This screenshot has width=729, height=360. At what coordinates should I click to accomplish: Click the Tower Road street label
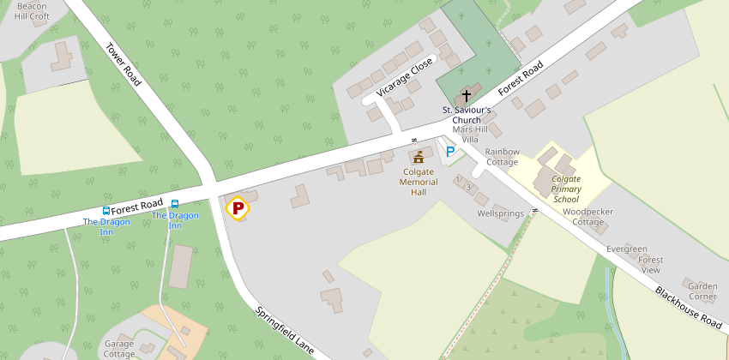124,64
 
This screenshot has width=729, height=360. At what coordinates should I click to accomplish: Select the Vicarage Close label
399,79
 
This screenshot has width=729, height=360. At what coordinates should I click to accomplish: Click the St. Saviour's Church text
467,115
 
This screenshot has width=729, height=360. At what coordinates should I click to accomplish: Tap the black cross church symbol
467,96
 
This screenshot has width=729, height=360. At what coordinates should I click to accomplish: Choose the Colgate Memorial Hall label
419,182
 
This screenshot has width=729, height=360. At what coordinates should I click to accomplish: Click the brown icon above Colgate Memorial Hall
419,158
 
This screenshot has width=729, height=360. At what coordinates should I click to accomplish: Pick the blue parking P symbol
450,152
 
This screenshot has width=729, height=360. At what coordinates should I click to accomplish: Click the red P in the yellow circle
238,207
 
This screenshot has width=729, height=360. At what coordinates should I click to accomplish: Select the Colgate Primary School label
566,189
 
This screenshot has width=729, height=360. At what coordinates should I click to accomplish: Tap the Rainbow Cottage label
503,157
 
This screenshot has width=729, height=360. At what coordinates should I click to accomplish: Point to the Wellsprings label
501,213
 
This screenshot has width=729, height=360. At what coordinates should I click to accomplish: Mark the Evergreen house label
627,249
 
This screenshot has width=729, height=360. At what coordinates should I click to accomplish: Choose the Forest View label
651,265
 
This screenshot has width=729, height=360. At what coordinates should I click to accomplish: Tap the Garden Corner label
702,291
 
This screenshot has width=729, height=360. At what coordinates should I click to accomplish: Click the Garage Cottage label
119,349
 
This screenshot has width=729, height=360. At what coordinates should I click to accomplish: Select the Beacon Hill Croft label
33,10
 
